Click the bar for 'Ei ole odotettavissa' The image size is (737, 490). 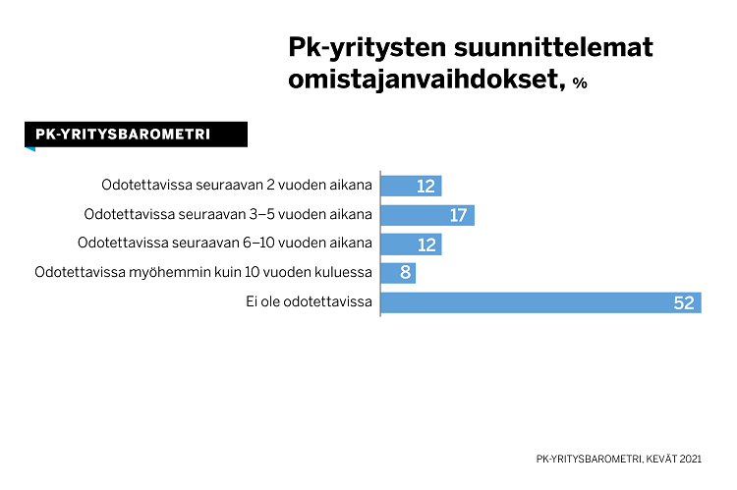540,302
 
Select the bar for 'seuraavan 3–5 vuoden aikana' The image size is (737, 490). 426,215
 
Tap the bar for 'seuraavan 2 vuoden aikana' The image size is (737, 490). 410,186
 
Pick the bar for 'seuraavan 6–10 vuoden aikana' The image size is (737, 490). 410,244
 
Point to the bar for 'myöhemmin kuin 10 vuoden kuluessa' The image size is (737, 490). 397,273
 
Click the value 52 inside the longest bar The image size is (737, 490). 684,303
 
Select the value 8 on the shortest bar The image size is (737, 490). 405,274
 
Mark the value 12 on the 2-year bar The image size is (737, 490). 426,187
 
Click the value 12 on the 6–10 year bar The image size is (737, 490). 426,245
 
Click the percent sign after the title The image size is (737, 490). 580,84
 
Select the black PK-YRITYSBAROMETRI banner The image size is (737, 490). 136,135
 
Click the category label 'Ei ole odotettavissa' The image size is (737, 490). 309,302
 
